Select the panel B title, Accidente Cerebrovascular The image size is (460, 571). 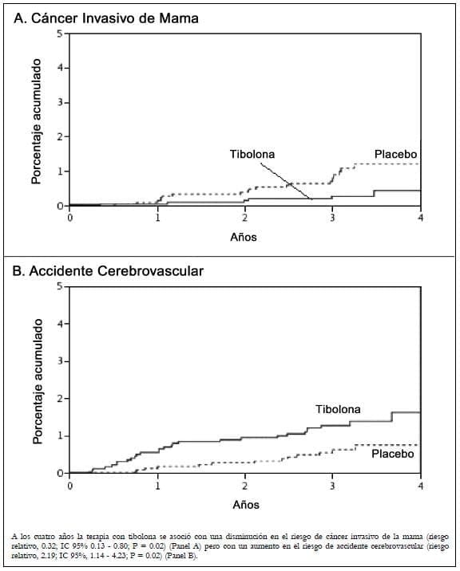coord(109,271)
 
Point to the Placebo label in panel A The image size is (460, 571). coord(395,154)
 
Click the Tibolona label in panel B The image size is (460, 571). coord(338,409)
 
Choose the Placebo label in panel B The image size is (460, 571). coord(392,454)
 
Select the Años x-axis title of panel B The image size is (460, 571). coord(245,504)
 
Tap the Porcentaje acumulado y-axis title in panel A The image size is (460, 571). coord(36,120)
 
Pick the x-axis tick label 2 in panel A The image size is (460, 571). coord(245,218)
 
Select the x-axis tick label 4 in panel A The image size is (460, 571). coord(420,218)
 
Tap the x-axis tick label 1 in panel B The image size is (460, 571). coord(157,485)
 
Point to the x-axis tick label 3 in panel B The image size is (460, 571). coord(333,485)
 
